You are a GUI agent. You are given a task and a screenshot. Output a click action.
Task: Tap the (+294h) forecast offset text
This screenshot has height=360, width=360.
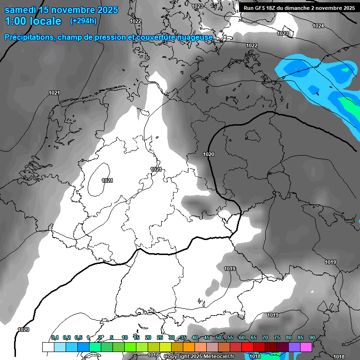83,21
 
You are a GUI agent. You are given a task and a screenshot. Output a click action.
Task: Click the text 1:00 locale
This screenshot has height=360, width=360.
33,22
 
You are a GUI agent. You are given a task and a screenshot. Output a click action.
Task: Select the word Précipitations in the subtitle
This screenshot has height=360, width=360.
29,37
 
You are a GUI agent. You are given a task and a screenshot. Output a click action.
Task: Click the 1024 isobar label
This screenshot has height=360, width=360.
318,26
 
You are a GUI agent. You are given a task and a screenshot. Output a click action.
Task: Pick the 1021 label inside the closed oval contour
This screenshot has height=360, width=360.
107,180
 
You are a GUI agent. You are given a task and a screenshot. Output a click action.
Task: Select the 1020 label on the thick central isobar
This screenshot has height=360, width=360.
209,154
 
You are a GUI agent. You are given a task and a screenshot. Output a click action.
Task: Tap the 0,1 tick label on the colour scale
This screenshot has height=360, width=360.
55,338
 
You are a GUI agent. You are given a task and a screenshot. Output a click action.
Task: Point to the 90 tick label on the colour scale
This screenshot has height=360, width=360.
312,338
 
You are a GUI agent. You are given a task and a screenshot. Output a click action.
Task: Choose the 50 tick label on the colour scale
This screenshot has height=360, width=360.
218,338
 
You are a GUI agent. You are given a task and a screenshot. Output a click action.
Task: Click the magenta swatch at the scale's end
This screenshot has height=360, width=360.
306,347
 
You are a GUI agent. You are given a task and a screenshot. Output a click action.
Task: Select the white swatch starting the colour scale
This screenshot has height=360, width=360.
48,347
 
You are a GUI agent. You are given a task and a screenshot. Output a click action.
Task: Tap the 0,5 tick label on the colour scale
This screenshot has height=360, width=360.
78,338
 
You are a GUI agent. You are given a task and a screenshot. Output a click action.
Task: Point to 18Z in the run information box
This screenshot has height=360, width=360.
277,8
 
